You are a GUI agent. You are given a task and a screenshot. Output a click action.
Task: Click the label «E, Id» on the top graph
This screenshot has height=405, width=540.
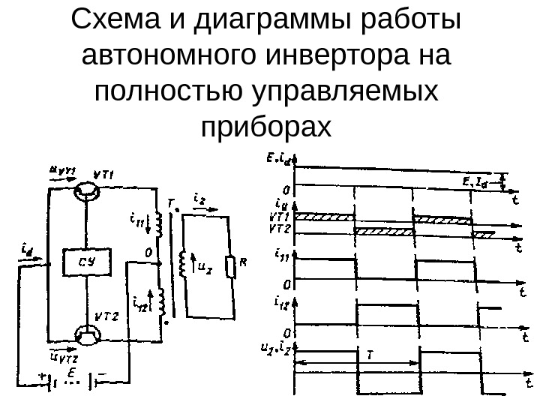pyautogui.click(x=481, y=180)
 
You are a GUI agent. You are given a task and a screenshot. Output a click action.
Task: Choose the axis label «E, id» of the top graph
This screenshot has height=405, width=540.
pyautogui.click(x=283, y=158)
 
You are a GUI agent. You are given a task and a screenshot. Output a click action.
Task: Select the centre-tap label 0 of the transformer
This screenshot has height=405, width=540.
pyautogui.click(x=148, y=253)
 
